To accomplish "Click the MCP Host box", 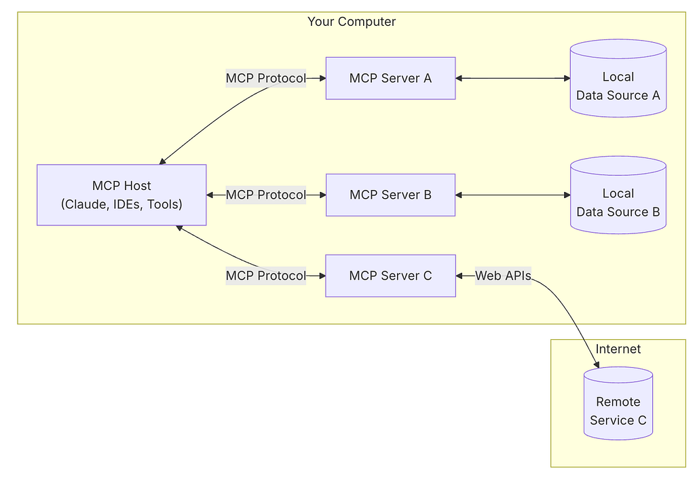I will tap(121, 195).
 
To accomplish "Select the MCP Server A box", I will tap(390, 78).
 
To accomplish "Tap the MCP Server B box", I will tap(390, 195).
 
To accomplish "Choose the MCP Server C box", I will tap(390, 275).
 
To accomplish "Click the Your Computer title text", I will tap(352, 22).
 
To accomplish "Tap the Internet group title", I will tap(618, 349).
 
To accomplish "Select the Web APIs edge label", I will tap(503, 275).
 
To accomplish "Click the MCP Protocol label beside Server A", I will tap(266, 78).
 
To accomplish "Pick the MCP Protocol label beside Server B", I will tap(266, 195).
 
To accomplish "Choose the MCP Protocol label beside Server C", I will tap(266, 275).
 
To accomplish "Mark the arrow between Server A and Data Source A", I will tap(512, 78).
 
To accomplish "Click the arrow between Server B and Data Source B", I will tap(512, 195).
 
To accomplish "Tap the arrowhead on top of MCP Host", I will tap(163, 161).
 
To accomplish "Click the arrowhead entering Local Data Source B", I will tap(567, 195).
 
